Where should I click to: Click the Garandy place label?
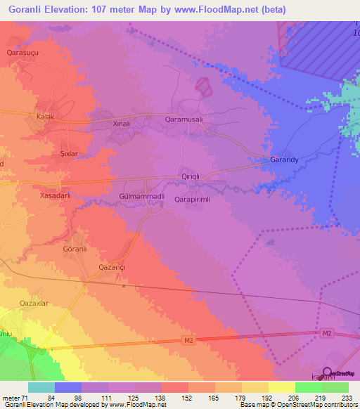pos(285,160)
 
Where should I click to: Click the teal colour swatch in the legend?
pos(41,387)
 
